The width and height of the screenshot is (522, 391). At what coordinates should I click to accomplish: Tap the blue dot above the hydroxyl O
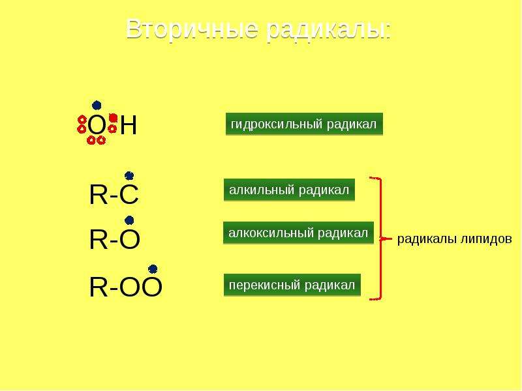pos(97,106)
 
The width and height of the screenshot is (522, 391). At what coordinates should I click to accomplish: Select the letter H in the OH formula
pos(129,125)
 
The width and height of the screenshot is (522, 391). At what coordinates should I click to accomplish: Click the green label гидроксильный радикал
pos(304,124)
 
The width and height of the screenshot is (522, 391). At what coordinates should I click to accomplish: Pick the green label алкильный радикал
pos(289,190)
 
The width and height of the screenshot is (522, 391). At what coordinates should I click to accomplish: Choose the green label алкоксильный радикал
pos(298,233)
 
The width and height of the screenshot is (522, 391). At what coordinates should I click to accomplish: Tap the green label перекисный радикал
pos(292,285)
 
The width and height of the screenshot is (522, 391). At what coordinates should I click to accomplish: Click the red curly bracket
pos(380,239)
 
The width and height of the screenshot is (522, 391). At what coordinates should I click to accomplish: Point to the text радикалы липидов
pos(454,239)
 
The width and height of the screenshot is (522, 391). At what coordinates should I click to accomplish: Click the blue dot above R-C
pos(129,175)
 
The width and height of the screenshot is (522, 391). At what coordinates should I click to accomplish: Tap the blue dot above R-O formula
pos(129,220)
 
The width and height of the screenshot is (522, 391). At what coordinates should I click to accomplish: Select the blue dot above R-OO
pos(153,268)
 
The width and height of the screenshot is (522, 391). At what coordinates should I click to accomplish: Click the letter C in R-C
pos(129,195)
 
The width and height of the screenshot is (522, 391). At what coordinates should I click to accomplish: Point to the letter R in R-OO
pos(99,287)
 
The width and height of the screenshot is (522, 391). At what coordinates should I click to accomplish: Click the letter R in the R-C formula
pos(99,195)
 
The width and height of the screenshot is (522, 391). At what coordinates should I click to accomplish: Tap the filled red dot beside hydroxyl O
pos(113,118)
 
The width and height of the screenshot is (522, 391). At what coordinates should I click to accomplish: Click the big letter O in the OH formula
pos(97,126)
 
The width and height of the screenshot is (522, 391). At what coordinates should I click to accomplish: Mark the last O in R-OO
pos(151,287)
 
